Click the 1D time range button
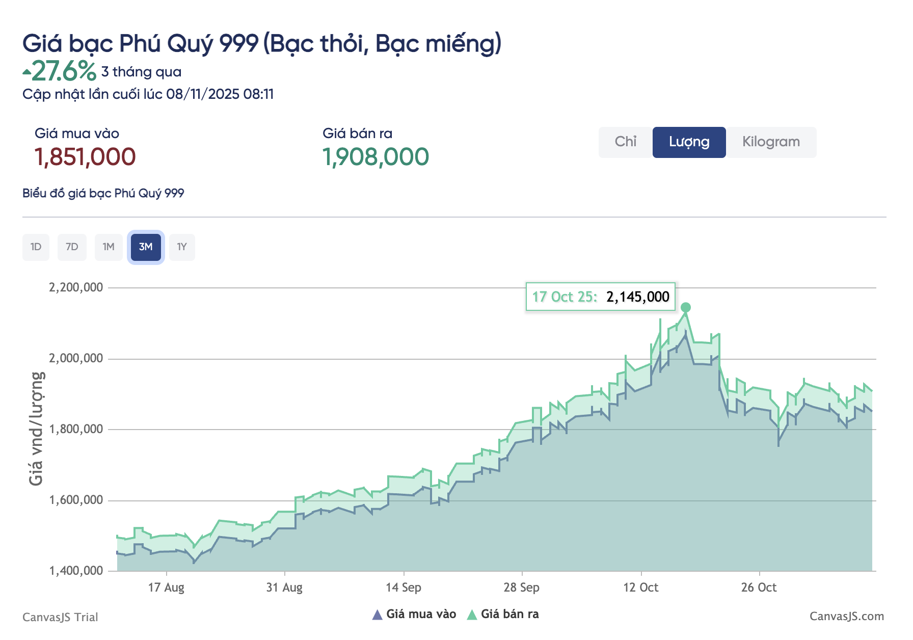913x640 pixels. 36,247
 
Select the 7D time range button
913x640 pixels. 72,247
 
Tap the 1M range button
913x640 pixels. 109,247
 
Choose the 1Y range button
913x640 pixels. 182,247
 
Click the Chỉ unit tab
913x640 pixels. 625,142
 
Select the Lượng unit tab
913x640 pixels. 689,142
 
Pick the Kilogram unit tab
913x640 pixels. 771,142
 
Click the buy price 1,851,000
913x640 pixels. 85,157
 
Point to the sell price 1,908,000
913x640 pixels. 375,157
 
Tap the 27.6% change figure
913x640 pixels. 64,71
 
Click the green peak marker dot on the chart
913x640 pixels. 686,307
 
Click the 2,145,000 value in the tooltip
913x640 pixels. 637,297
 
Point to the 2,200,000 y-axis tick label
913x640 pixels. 76,287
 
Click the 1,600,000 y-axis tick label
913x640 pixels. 76,500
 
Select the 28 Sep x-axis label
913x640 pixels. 521,588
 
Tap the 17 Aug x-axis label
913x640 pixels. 166,588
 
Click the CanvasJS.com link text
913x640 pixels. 846,617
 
